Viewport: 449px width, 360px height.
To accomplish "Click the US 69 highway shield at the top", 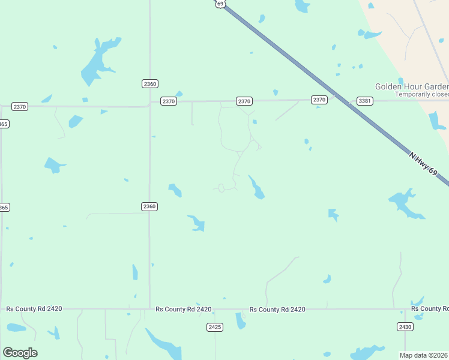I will click(220, 4).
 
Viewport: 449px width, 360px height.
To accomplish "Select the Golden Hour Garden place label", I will click(412, 86).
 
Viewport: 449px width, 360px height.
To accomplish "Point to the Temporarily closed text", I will click(421, 94).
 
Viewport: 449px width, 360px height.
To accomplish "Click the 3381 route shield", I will click(364, 100).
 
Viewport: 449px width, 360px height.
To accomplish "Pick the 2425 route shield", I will click(215, 327).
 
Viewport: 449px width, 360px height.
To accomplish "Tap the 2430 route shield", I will click(405, 326).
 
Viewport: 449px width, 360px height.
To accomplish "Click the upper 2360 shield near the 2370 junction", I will click(150, 83).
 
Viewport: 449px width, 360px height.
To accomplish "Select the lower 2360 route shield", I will click(149, 206).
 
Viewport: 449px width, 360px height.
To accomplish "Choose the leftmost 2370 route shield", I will click(20, 106).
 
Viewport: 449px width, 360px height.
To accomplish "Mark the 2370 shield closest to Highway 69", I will click(319, 100).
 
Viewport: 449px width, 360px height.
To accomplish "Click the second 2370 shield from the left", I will click(169, 101).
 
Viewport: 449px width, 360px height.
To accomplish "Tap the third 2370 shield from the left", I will click(244, 101).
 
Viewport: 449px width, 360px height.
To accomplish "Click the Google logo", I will click(20, 352).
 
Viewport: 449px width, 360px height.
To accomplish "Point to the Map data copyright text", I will click(424, 355).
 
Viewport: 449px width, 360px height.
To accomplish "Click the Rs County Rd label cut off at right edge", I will click(430, 308).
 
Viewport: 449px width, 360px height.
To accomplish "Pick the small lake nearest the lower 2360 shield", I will click(175, 190).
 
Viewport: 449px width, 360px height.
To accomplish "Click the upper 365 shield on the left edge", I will click(4, 124).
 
